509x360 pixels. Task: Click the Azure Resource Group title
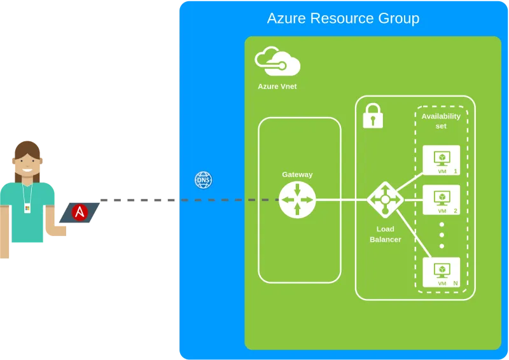(343, 18)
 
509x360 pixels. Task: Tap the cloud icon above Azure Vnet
(277, 61)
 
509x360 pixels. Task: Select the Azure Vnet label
(277, 86)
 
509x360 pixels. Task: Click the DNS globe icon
(203, 181)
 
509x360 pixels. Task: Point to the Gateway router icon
(297, 200)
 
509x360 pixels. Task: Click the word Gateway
(297, 174)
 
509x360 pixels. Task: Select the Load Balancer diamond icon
(385, 200)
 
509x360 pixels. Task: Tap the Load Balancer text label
(385, 234)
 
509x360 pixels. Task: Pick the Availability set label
(441, 121)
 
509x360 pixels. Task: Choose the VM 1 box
(441, 160)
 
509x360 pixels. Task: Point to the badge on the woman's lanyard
(27, 207)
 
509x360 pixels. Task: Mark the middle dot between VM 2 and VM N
(442, 235)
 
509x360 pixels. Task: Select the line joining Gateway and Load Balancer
(341, 200)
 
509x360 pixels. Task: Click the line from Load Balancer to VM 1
(410, 181)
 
